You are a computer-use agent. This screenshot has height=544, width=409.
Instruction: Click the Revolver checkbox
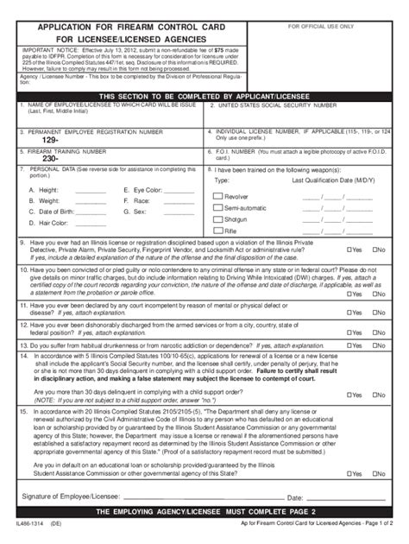(x=217, y=197)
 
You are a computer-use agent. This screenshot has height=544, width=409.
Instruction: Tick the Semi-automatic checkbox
(x=217, y=208)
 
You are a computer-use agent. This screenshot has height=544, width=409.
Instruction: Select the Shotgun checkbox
(x=217, y=219)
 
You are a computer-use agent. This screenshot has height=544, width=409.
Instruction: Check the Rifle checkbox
(x=217, y=231)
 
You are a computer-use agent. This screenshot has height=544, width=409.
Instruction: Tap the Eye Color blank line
(x=183, y=192)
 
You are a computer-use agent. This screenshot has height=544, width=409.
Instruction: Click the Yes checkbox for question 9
(x=349, y=250)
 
